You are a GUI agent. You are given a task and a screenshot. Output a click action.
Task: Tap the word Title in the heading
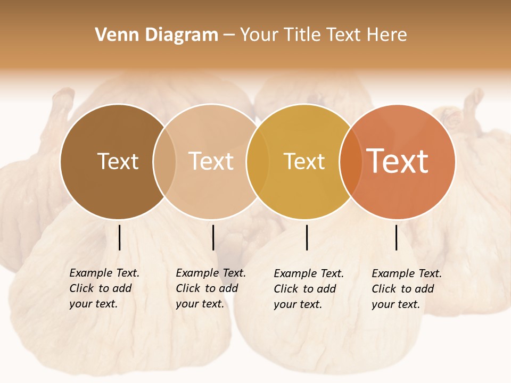pos(301,35)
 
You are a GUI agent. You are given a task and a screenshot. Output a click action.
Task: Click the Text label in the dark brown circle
pos(118,161)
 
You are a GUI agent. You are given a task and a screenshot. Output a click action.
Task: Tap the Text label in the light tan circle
pos(211,161)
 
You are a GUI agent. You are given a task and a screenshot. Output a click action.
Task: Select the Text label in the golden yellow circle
pos(304,161)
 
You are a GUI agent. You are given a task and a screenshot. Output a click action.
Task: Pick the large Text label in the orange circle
pos(398,161)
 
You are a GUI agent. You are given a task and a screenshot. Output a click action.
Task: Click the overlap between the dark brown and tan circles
pos(164,161)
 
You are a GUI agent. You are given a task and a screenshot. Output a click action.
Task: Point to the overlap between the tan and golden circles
pos(258,161)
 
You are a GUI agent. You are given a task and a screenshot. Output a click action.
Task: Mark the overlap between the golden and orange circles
pos(351,161)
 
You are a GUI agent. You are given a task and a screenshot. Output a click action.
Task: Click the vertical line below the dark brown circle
pos(120,237)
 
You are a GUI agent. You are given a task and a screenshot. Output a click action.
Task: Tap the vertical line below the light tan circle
pos(213,237)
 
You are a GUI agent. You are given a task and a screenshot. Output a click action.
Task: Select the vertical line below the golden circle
pos(307,237)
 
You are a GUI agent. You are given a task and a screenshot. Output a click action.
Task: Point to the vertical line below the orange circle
pos(397,237)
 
